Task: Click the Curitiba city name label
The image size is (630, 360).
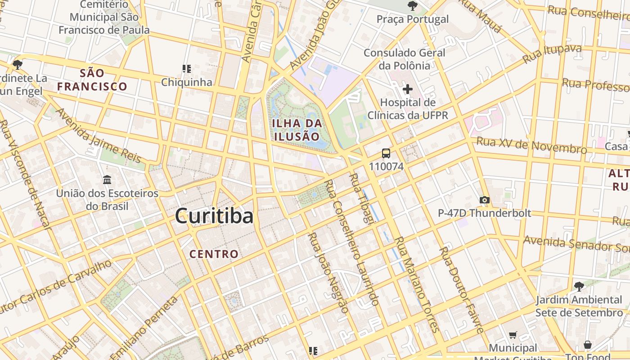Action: coord(214,216)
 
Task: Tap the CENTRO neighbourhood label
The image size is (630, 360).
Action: coord(214,254)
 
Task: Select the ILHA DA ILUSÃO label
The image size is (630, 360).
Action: coord(297,130)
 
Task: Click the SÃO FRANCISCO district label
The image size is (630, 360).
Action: coord(92,80)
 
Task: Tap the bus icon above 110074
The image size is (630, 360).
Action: coord(386,153)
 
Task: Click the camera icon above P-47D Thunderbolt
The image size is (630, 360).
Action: coord(485,200)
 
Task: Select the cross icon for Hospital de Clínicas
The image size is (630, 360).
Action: coord(408,89)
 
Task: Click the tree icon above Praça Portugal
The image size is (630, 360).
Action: coord(412,6)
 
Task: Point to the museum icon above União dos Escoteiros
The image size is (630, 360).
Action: coord(107,180)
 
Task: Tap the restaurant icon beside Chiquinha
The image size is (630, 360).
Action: coord(187,69)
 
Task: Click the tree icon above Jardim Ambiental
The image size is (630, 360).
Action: coord(579,286)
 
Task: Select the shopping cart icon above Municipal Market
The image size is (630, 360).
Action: coord(513,335)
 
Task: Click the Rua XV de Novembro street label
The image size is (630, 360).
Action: coord(531,145)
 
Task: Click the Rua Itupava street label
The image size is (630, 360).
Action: coord(552,54)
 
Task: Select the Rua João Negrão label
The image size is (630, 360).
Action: coord(328,273)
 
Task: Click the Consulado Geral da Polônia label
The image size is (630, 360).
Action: coord(405,59)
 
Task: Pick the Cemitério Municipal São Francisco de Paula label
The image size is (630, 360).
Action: coord(104,18)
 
